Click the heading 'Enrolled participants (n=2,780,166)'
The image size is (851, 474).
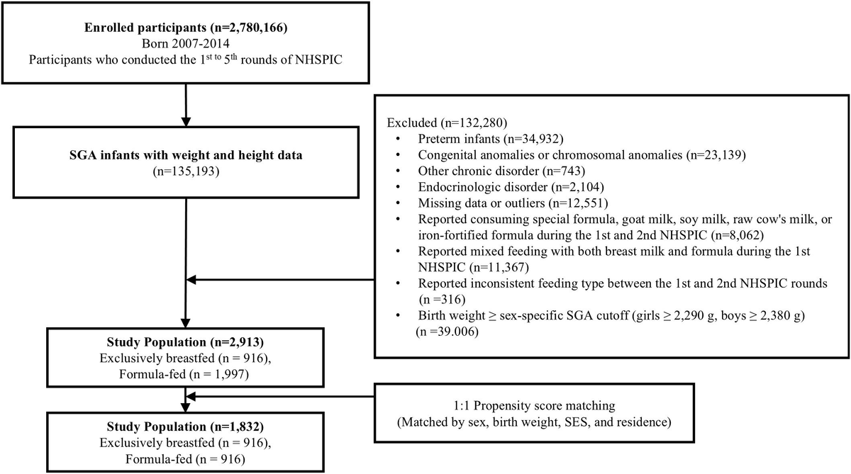tap(185, 30)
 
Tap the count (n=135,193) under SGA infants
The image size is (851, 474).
tap(185, 171)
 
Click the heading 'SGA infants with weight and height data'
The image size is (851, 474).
tap(185, 157)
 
